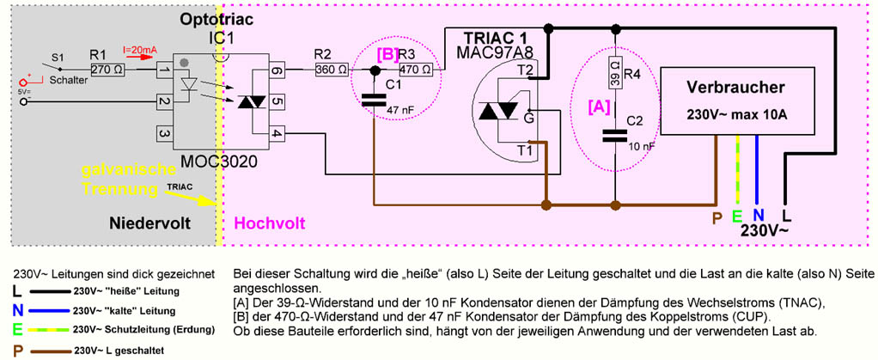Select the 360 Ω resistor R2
click(332, 70)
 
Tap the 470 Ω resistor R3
click(417, 70)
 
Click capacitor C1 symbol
click(375, 100)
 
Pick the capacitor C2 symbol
click(615, 135)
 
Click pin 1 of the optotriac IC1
click(163, 70)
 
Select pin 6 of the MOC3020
click(275, 70)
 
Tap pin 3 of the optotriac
click(163, 134)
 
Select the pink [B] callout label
click(387, 55)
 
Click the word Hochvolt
click(270, 224)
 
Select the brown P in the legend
click(18, 351)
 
